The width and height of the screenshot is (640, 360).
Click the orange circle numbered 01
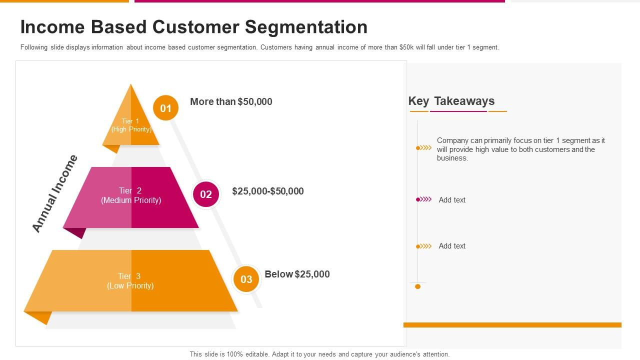(165, 108)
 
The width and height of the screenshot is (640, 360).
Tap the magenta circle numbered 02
(206, 194)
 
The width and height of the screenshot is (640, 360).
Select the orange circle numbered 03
(246, 279)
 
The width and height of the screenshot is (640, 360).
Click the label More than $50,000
(231, 101)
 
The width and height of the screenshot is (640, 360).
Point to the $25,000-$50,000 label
(268, 191)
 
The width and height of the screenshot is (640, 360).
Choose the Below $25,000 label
(297, 274)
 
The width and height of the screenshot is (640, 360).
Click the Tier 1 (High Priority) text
(131, 125)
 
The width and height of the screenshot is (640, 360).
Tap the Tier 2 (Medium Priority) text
(131, 195)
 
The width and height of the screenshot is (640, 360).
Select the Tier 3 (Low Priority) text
(130, 281)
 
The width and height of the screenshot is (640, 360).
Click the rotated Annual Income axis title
(55, 193)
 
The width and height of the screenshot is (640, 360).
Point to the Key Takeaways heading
(451, 101)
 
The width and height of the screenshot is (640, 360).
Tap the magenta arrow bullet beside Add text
(424, 199)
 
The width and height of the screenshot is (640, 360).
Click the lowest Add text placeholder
(452, 246)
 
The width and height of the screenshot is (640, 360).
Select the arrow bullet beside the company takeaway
(424, 147)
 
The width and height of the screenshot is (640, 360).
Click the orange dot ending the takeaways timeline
(418, 286)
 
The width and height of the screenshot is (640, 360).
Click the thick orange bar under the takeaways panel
(512, 325)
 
